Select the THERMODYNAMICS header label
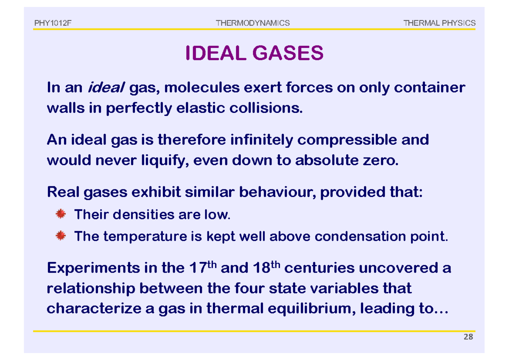[x=253, y=23]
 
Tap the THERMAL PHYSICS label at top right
[x=440, y=23]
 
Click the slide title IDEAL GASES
[x=255, y=53]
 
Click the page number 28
[x=468, y=337]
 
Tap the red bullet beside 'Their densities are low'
[x=61, y=214]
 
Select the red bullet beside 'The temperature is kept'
[x=61, y=236]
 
